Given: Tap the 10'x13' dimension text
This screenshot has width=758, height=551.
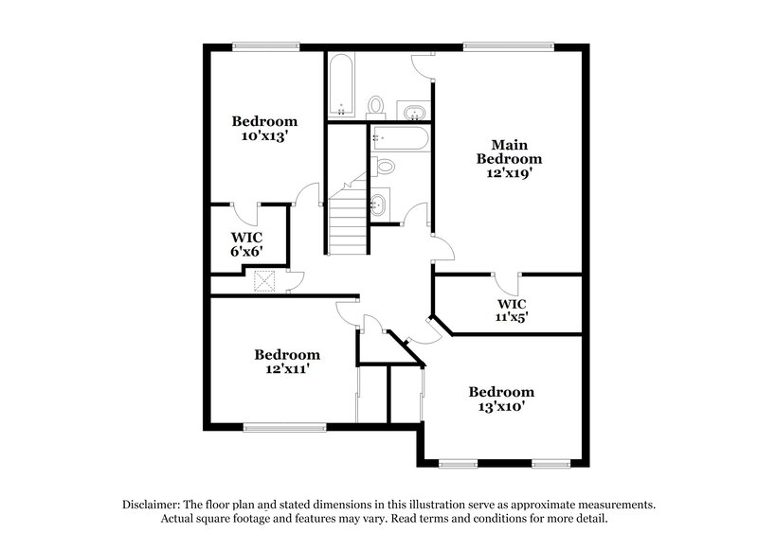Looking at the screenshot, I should pos(265,135).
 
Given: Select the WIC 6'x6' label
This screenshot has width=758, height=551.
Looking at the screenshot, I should pos(246,243).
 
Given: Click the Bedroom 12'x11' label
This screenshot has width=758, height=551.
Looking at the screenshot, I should pos(287,362).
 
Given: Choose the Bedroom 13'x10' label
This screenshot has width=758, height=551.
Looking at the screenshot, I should pos(501,399).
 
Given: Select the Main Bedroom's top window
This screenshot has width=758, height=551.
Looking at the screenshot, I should pos(509,45).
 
